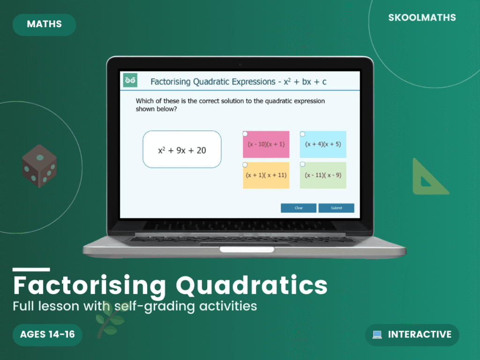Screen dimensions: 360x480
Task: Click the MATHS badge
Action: [x=45, y=24]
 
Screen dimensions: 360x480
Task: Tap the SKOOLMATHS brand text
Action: [x=422, y=18]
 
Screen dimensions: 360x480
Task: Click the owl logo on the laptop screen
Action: [x=130, y=81]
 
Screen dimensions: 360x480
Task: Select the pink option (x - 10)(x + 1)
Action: [x=266, y=144]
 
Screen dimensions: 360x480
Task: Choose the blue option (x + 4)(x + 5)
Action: [x=323, y=144]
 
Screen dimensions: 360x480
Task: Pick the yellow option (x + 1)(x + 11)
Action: [x=266, y=175]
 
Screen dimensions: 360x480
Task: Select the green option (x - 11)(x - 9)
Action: [x=323, y=175]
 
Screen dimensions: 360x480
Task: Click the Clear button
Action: [x=299, y=208]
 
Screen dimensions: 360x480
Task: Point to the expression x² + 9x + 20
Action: [x=182, y=150]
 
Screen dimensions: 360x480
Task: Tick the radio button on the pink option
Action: [x=245, y=134]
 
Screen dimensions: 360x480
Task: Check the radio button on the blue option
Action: [x=302, y=134]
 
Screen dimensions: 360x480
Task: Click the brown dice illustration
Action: [x=39, y=166]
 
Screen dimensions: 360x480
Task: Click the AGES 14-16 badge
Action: [x=47, y=335]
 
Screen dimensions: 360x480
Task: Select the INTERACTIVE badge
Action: [x=412, y=335]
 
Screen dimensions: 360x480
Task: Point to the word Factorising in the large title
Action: [x=90, y=285]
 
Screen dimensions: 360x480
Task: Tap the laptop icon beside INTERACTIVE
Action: [x=377, y=335]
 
